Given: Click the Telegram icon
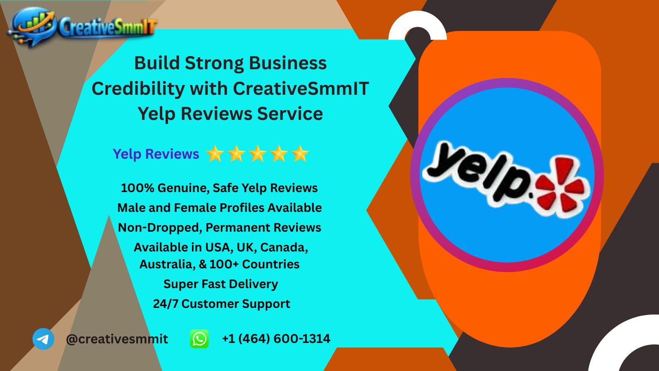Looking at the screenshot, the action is (x=43, y=339).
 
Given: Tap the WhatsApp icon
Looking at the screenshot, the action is (x=199, y=339).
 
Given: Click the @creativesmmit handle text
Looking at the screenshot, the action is (x=117, y=339).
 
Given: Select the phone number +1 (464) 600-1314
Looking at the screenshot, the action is (x=276, y=338).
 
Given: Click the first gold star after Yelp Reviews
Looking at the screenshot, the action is (x=215, y=153).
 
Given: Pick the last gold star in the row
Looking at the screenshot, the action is (x=300, y=153).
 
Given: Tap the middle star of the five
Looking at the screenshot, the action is (x=257, y=153).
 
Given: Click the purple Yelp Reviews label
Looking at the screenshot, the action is (x=156, y=154).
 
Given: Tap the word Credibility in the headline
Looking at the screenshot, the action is (x=138, y=88).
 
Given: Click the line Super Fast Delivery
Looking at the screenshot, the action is (x=221, y=284).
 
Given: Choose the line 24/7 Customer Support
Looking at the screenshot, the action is (x=222, y=304).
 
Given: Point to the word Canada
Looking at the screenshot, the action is (x=284, y=247).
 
